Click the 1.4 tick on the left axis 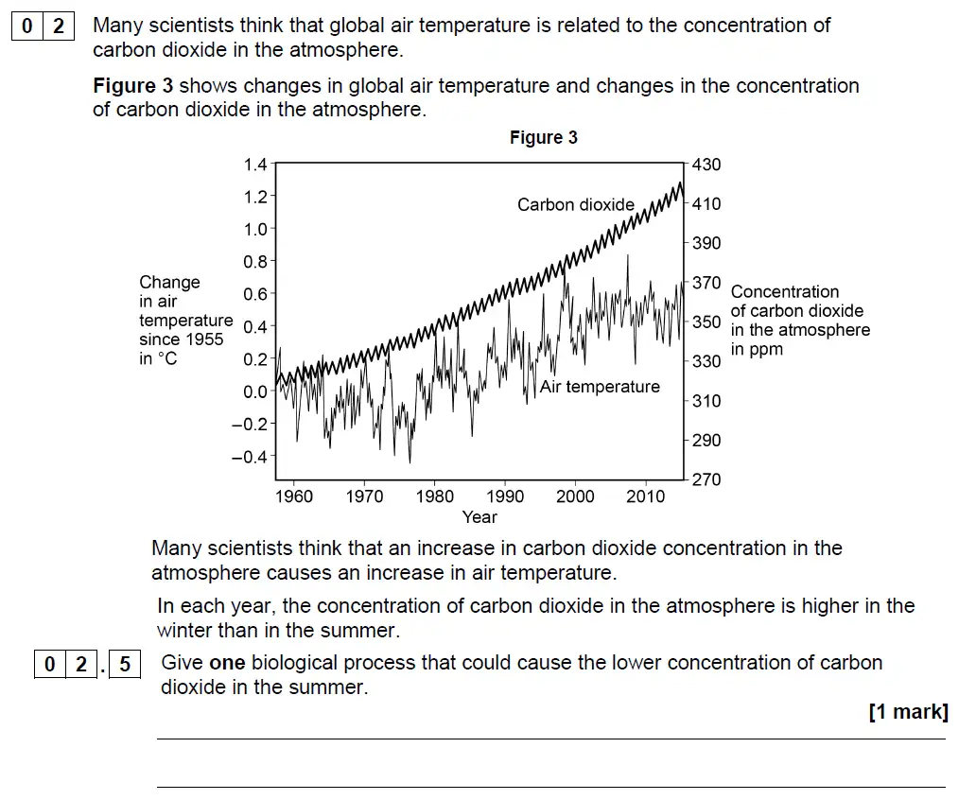[x=255, y=165]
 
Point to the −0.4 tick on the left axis [x=251, y=457]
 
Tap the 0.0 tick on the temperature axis [x=255, y=391]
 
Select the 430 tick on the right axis [x=706, y=165]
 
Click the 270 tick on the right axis [x=706, y=479]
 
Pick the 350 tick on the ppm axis [x=706, y=322]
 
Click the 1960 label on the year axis [x=293, y=497]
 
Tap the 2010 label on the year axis [x=645, y=497]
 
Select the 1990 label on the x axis [x=505, y=497]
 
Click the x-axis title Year [x=479, y=517]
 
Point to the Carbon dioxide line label [x=575, y=204]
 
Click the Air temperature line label [x=600, y=387]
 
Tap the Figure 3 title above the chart [x=543, y=138]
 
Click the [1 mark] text [x=908, y=712]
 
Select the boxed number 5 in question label [x=125, y=665]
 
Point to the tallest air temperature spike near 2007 [x=628, y=256]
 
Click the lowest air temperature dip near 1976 [x=410, y=461]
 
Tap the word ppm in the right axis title [x=757, y=350]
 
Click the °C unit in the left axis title [x=166, y=359]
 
